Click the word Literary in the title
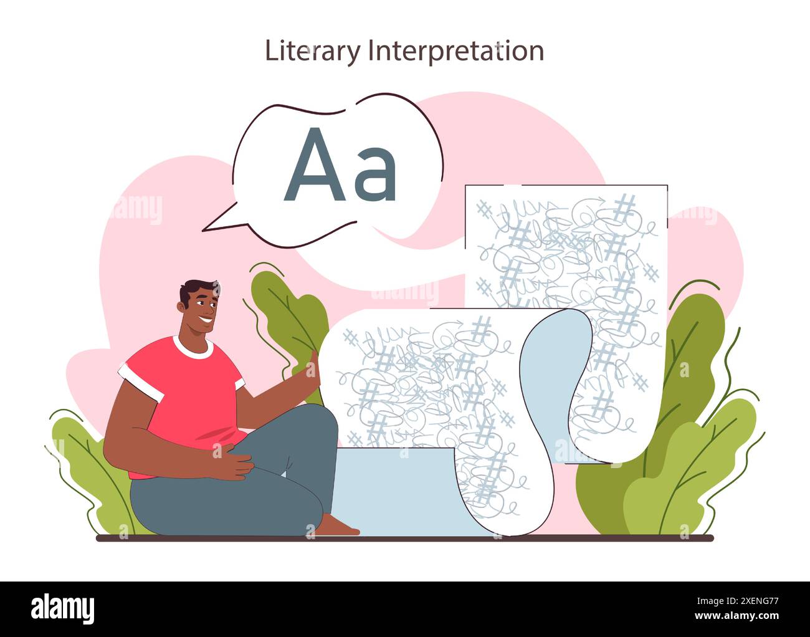point(312,51)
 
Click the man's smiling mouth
point(206,322)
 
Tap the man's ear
point(183,308)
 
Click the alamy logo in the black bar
point(63,608)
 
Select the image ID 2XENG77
point(747,600)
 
